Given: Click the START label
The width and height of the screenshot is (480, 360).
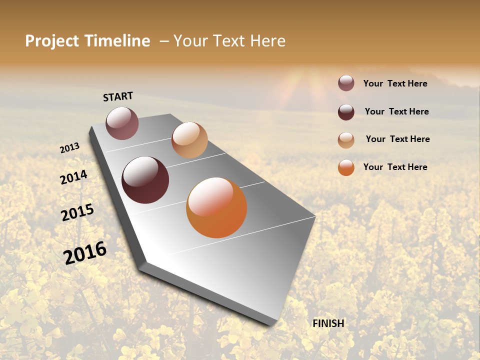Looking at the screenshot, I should coord(118,96).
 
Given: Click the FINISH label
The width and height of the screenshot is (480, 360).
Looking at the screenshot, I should coord(328,323).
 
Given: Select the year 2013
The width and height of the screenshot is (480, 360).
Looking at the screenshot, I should coord(70,147).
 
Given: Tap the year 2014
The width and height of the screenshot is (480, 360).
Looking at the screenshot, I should coord(74,177).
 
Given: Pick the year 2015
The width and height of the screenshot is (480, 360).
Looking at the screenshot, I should coord(77,212).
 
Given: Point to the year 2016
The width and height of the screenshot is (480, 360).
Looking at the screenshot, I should coord(85,252).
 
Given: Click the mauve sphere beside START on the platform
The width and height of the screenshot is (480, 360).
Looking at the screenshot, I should coord(122,123).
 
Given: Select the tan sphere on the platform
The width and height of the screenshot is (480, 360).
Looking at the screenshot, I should coord(189,140).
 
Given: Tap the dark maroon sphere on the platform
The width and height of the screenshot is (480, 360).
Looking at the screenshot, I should coord(145,180).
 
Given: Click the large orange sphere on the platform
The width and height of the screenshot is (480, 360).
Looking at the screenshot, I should coord(216,207).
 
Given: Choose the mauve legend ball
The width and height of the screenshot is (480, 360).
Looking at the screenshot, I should coord(346,83).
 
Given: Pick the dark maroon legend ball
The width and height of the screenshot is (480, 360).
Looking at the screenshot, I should coord(346,112).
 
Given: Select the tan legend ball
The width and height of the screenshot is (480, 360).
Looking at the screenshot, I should coord(346,140).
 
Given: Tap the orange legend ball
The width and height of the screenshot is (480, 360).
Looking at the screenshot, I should coord(346,167).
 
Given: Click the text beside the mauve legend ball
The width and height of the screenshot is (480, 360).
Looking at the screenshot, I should coord(395,83).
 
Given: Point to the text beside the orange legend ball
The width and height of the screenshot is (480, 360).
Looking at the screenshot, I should coord(395,167).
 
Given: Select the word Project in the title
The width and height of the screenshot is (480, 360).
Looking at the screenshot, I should coord(52,41).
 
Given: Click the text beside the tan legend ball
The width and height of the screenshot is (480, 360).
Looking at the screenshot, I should coord(397,139).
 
